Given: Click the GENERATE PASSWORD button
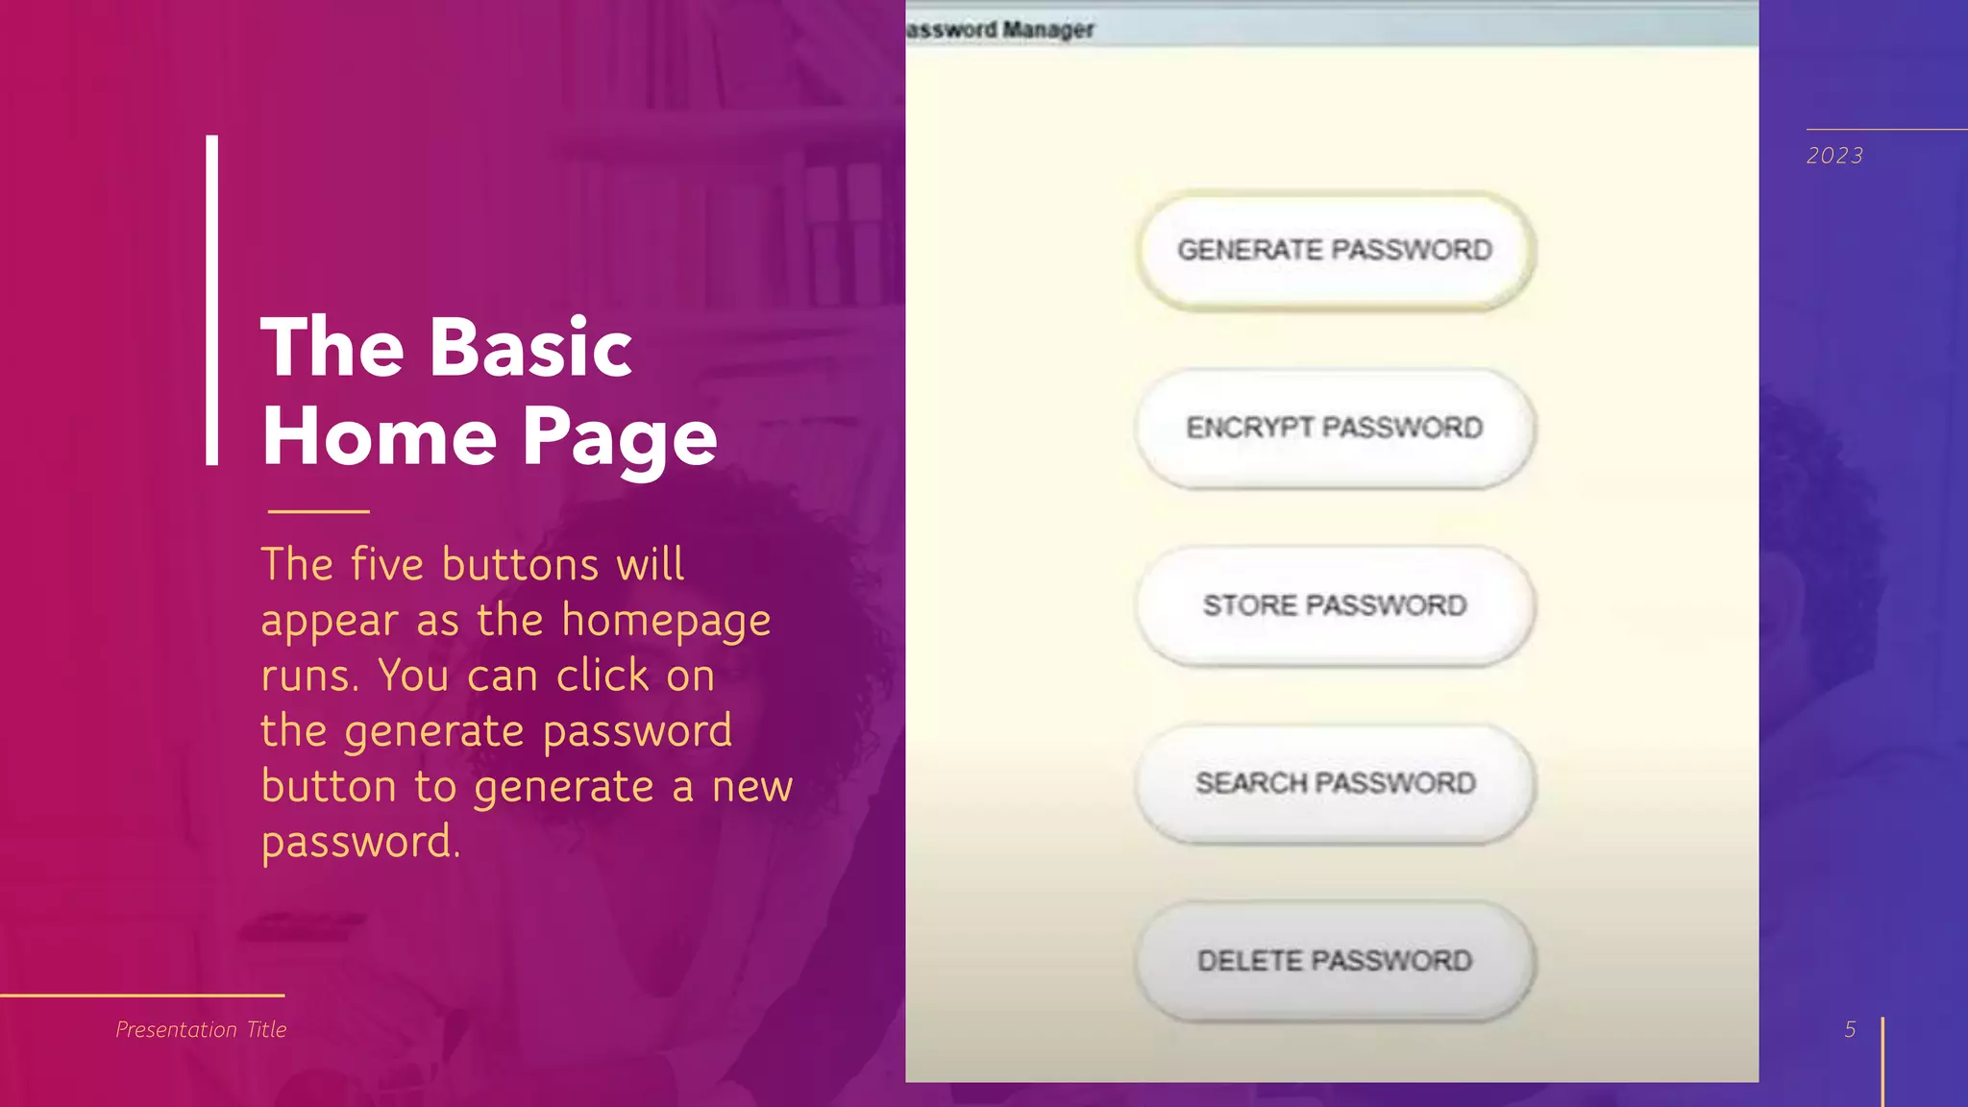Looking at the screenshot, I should pyautogui.click(x=1335, y=251).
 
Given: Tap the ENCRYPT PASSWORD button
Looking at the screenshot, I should pyautogui.click(x=1335, y=429).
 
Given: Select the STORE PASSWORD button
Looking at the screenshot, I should pyautogui.click(x=1335, y=605).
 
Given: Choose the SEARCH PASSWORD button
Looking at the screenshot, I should pyautogui.click(x=1335, y=783).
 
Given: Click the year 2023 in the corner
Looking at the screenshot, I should pyautogui.click(x=1834, y=156).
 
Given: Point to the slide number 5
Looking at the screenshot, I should pyautogui.click(x=1850, y=1029).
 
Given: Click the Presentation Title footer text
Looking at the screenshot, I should pyautogui.click(x=201, y=1029).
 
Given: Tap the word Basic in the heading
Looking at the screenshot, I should pyautogui.click(x=530, y=347).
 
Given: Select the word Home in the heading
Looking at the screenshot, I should pyautogui.click(x=379, y=436).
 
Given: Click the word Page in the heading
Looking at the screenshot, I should pyautogui.click(x=620, y=438).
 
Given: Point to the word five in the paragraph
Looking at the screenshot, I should pyautogui.click(x=386, y=564).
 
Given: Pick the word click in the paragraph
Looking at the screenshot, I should pyautogui.click(x=603, y=676).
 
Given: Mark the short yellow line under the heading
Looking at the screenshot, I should pyautogui.click(x=318, y=511).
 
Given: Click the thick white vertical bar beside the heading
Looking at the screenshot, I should pyautogui.click(x=211, y=300).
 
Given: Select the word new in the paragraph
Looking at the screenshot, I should pyautogui.click(x=751, y=787).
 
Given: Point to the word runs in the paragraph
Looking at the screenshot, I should pyautogui.click(x=309, y=676).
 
